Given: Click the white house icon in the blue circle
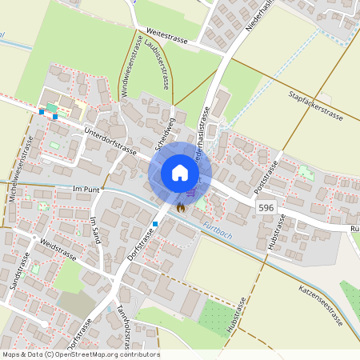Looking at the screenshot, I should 180,173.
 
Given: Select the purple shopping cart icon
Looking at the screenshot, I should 191,192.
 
